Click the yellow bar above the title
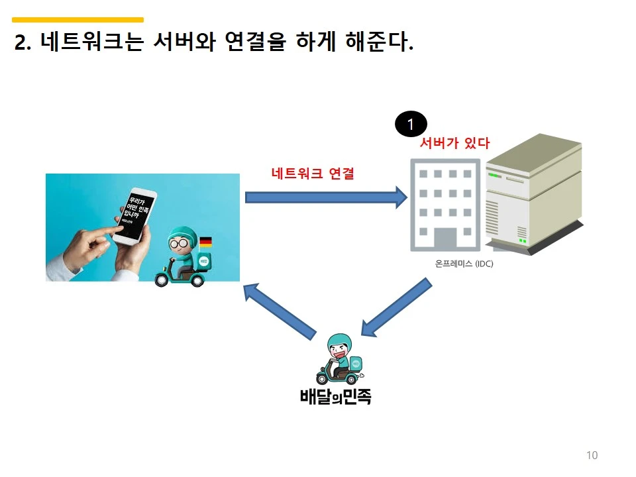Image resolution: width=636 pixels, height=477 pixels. click(x=78, y=20)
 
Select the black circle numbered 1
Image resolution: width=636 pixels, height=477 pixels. click(x=411, y=125)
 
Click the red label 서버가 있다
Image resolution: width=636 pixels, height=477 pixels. click(x=454, y=142)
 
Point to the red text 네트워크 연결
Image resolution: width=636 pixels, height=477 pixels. click(x=313, y=174)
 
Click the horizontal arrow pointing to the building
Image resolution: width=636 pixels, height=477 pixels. click(x=325, y=197)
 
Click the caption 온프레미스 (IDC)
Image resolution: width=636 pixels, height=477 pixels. click(x=464, y=263)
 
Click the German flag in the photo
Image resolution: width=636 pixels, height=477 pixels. click(x=205, y=242)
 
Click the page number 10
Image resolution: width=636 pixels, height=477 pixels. click(x=592, y=455)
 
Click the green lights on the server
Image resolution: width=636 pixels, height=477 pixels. click(x=523, y=242)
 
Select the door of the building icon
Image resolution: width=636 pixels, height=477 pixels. click(x=441, y=238)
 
